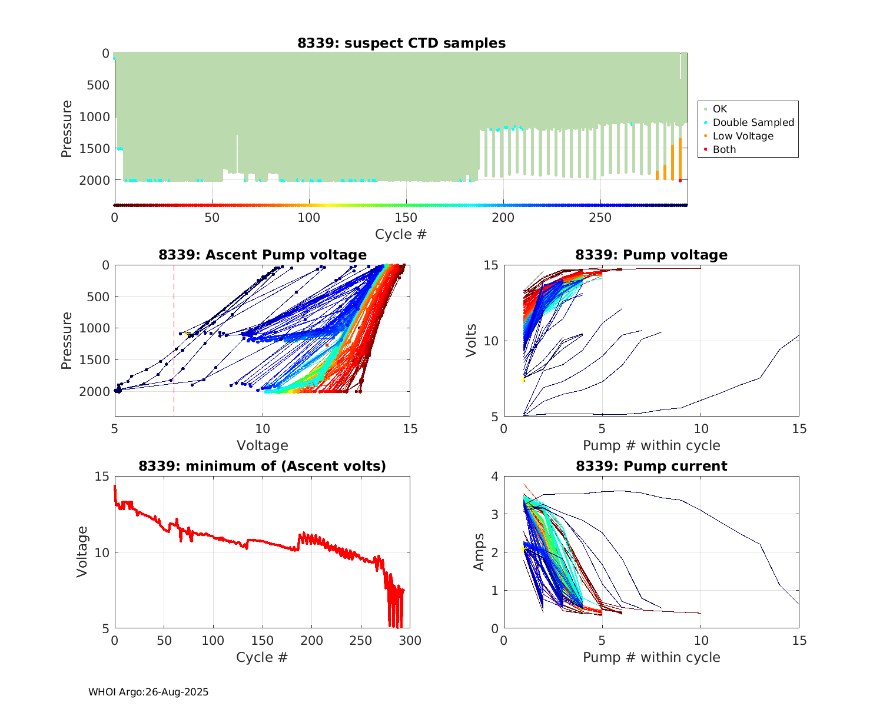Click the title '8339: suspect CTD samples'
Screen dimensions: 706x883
coord(401,43)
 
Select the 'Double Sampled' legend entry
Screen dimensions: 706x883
coord(753,122)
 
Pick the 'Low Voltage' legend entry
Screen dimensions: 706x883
coord(743,136)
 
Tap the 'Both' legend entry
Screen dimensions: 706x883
coord(724,149)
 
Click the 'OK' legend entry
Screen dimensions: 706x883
coord(719,109)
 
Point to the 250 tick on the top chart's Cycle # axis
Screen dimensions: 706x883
coord(600,218)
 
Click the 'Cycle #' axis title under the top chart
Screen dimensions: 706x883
coord(401,234)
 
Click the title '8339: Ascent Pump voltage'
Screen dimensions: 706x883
coord(263,255)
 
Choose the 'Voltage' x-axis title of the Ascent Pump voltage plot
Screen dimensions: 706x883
coord(263,445)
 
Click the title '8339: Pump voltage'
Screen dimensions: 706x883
coord(651,255)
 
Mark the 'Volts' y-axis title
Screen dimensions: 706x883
coord(471,341)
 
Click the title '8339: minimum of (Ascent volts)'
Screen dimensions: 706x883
coord(263,466)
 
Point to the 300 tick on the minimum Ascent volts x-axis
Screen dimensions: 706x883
coord(410,641)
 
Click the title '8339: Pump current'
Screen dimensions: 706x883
coord(651,466)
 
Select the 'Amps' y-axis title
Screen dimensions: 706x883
coord(479,552)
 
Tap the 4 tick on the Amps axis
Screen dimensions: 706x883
coord(494,477)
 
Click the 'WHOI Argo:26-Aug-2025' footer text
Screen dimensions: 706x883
coord(148,692)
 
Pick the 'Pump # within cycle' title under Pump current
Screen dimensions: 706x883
coord(651,657)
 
